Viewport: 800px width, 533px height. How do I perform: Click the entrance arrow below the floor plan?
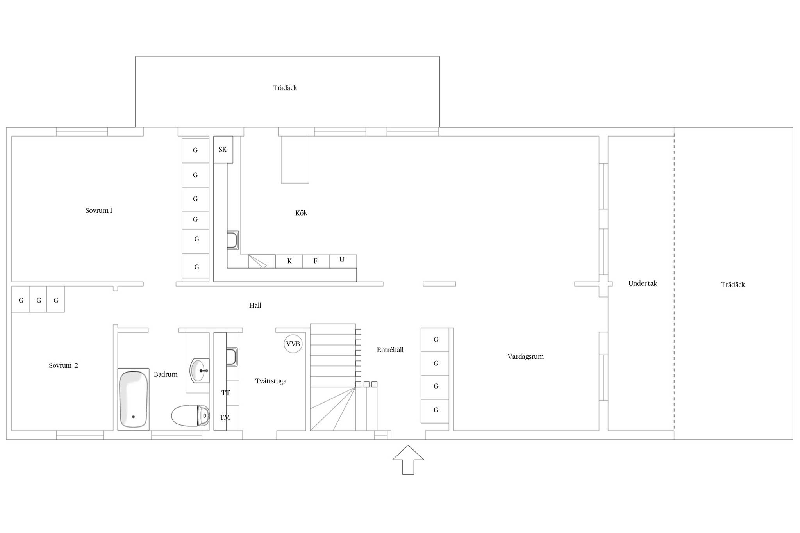click(408, 460)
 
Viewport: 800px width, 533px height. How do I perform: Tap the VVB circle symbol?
click(293, 344)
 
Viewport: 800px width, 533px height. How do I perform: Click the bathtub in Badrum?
click(133, 399)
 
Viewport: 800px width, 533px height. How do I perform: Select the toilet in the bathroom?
click(191, 416)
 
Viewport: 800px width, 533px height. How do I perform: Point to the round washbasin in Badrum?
click(200, 371)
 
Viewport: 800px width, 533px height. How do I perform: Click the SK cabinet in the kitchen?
click(223, 150)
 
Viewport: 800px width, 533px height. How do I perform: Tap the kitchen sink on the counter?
click(233, 240)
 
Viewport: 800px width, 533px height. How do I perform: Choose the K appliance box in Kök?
click(289, 261)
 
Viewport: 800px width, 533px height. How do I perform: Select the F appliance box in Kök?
click(316, 261)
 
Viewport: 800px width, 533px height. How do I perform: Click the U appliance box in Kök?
click(343, 261)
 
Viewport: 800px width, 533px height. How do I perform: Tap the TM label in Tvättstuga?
click(225, 417)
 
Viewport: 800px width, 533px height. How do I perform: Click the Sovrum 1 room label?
click(99, 211)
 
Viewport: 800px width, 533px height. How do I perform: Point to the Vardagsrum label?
click(525, 357)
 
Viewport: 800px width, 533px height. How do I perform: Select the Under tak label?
click(643, 283)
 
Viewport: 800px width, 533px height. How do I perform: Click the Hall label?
click(255, 305)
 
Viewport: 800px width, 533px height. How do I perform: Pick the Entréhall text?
click(390, 350)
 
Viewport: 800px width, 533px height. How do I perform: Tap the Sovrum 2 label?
click(63, 366)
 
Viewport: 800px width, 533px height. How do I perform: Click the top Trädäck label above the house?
click(285, 88)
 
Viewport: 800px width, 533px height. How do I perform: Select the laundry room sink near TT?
click(232, 357)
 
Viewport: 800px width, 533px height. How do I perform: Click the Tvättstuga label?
click(271, 381)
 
